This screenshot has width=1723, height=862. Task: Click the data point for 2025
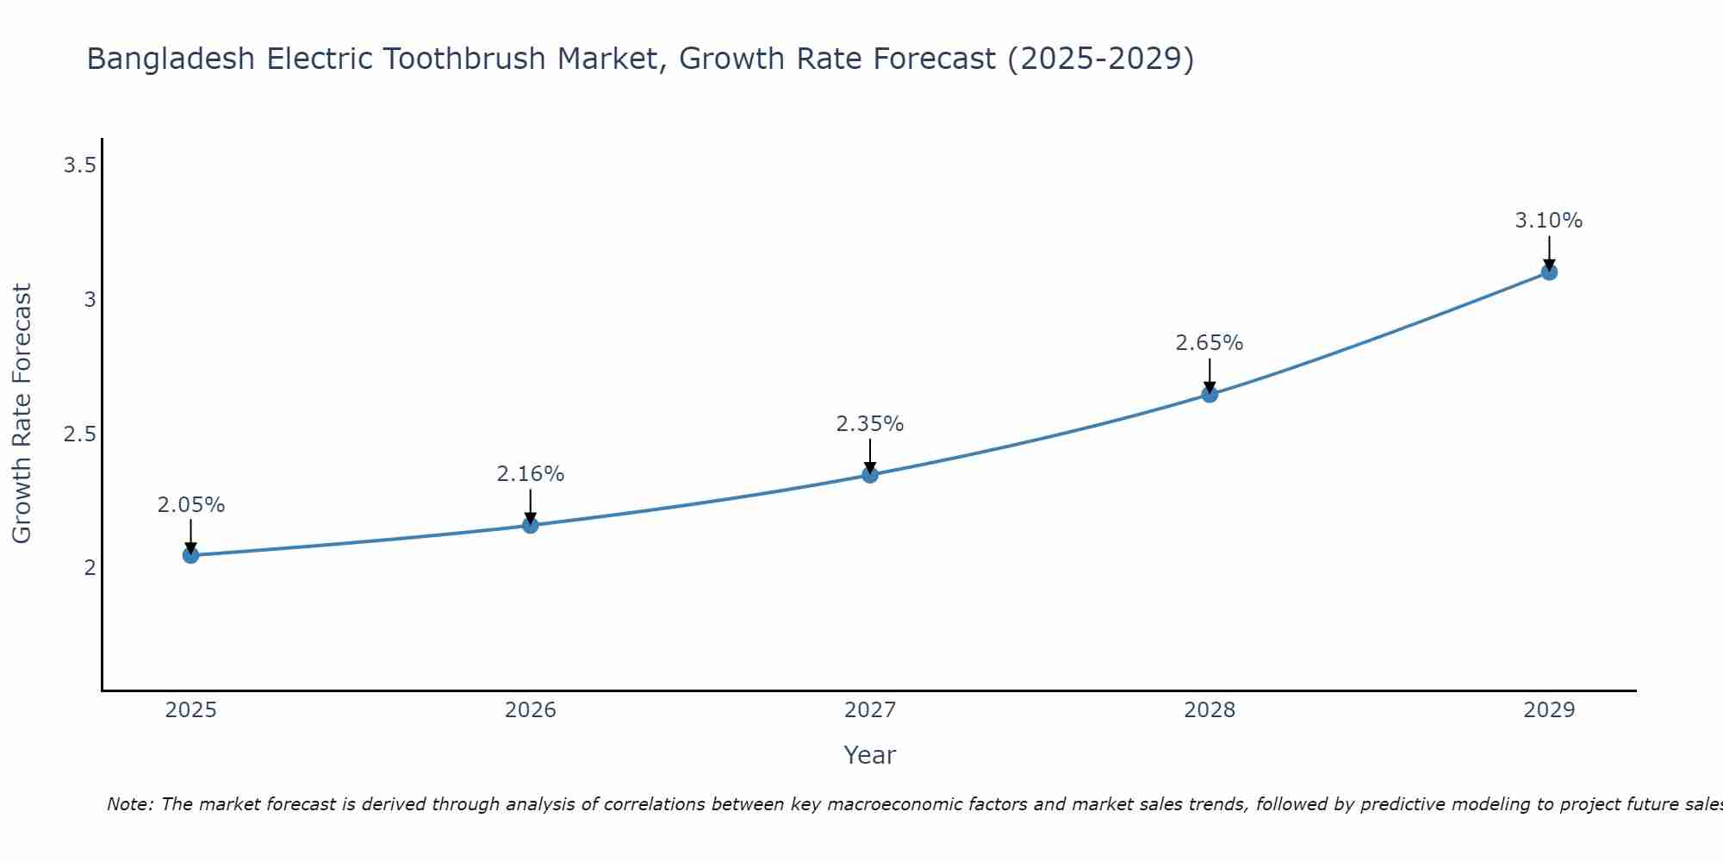(x=191, y=555)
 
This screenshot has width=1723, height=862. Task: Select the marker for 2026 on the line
(x=531, y=525)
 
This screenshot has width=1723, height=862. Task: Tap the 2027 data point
(x=870, y=474)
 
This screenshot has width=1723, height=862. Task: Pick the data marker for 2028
(x=1210, y=394)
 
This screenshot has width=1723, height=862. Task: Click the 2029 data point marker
(x=1549, y=272)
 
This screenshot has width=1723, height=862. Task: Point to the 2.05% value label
(x=191, y=505)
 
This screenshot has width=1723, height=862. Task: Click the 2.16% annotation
(x=531, y=474)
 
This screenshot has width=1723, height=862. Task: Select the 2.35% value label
(x=870, y=424)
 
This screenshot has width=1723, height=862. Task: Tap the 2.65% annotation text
(x=1210, y=343)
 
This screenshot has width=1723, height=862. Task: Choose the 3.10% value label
(x=1549, y=221)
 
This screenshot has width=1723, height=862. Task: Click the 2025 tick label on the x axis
(x=191, y=710)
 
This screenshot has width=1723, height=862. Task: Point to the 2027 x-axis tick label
(x=870, y=710)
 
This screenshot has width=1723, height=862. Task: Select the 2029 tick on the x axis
(x=1549, y=710)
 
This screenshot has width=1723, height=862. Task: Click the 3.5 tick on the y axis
(x=79, y=166)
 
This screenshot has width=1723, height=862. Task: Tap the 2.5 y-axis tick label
(x=79, y=434)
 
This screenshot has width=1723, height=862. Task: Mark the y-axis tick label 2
(x=90, y=568)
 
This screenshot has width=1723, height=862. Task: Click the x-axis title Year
(x=870, y=755)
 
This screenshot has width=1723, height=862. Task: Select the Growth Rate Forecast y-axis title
(x=22, y=414)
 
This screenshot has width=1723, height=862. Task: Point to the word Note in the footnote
(x=130, y=804)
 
